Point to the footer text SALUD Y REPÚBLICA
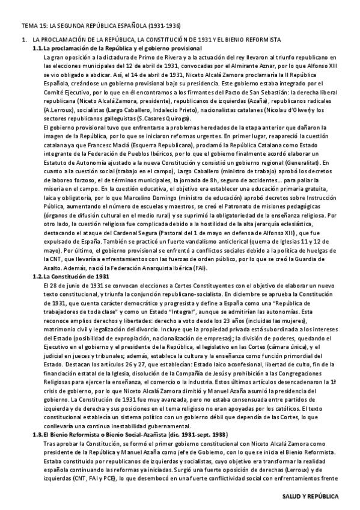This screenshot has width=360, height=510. coord(311,497)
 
